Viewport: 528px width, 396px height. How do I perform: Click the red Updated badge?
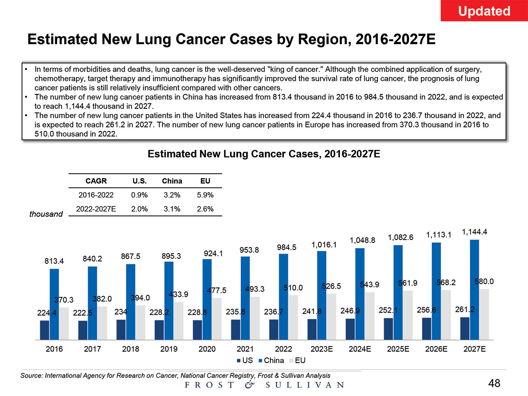coord(484,11)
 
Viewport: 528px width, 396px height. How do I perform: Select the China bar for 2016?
coord(54,304)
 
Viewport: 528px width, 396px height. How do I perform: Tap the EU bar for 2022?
coord(293,317)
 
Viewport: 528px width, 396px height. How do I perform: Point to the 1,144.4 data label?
coord(474,232)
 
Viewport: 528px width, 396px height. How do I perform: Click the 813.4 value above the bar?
coord(54,261)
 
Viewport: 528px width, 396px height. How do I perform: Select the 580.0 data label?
coord(484,281)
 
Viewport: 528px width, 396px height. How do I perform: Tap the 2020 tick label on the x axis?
coord(207,349)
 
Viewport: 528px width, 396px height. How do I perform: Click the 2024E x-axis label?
coord(360,349)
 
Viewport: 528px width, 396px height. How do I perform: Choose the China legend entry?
coord(271,360)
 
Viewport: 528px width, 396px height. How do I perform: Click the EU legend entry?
coord(297,360)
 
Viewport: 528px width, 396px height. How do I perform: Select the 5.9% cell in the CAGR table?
coord(205,195)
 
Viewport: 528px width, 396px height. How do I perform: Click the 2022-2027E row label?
coord(96,209)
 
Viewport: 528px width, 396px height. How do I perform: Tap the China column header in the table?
coord(172,181)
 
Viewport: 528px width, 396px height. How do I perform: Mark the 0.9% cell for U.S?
coord(139,195)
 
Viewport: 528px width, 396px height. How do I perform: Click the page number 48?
coord(494,383)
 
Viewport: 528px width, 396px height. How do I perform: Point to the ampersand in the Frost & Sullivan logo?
coord(250,384)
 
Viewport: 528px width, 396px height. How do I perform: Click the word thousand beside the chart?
coord(46,214)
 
